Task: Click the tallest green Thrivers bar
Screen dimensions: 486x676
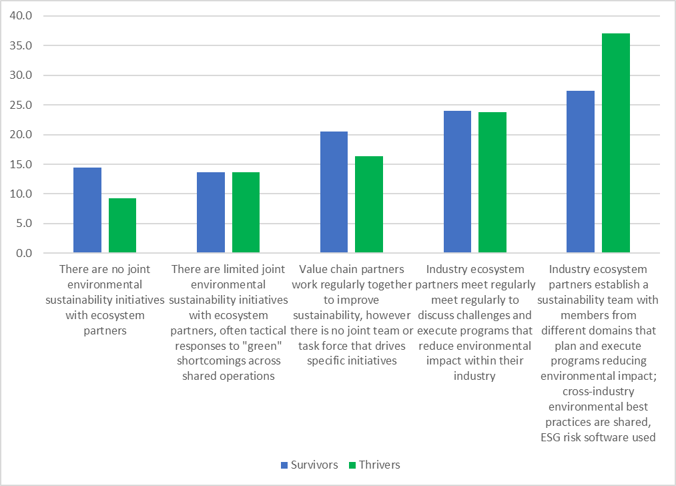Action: pyautogui.click(x=615, y=143)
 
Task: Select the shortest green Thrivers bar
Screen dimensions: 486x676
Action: pyautogui.click(x=122, y=226)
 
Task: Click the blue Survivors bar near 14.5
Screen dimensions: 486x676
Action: pyautogui.click(x=87, y=210)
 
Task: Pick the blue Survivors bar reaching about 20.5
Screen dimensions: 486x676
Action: pyautogui.click(x=334, y=192)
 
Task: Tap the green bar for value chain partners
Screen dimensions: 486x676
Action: pyautogui.click(x=368, y=205)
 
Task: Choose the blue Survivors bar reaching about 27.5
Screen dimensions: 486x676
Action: pyautogui.click(x=581, y=172)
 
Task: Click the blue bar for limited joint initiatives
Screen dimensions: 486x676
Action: pyautogui.click(x=211, y=213)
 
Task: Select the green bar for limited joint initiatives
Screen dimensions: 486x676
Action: pyautogui.click(x=246, y=213)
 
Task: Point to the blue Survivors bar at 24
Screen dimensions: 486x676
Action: pyautogui.click(x=457, y=182)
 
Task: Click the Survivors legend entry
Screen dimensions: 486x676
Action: pyautogui.click(x=308, y=465)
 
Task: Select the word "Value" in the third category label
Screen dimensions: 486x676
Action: pyautogui.click(x=314, y=270)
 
